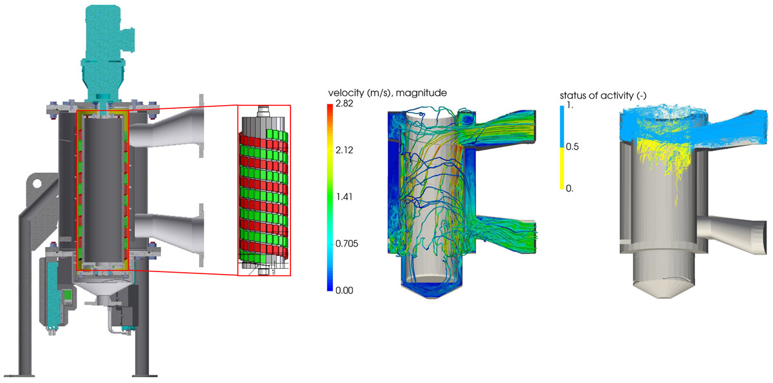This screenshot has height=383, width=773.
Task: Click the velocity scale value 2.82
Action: (344, 104)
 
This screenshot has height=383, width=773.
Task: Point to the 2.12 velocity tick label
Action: (344, 150)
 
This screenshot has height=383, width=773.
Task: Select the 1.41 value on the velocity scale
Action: (344, 197)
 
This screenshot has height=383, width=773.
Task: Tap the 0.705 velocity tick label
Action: (347, 244)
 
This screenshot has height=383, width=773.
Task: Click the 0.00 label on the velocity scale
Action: (344, 290)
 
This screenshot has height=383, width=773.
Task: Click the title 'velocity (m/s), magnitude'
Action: (388, 93)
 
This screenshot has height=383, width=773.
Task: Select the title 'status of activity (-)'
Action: (603, 95)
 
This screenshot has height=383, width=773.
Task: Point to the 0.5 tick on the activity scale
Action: (572, 147)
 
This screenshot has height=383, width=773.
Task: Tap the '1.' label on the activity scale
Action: (569, 105)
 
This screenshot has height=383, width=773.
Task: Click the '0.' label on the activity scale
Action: (569, 188)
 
